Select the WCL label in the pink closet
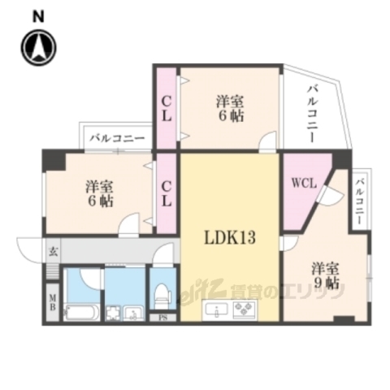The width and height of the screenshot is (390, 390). (302, 182)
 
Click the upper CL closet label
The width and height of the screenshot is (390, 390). (166, 109)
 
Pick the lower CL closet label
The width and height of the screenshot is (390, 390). (166, 193)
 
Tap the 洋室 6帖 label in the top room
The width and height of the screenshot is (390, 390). (230, 109)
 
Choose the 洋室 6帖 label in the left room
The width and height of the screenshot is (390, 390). (98, 194)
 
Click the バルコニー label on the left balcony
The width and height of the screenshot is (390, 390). (117, 139)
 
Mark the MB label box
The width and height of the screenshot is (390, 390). (52, 302)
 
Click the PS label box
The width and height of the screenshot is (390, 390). (162, 317)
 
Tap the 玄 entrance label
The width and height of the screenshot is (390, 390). (50, 251)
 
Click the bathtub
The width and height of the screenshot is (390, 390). (80, 311)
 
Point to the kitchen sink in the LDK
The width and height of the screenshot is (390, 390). (218, 310)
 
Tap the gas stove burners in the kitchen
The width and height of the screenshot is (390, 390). (245, 310)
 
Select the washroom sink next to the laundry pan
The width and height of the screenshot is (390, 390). (134, 312)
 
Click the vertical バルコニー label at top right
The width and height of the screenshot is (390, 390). (313, 114)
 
